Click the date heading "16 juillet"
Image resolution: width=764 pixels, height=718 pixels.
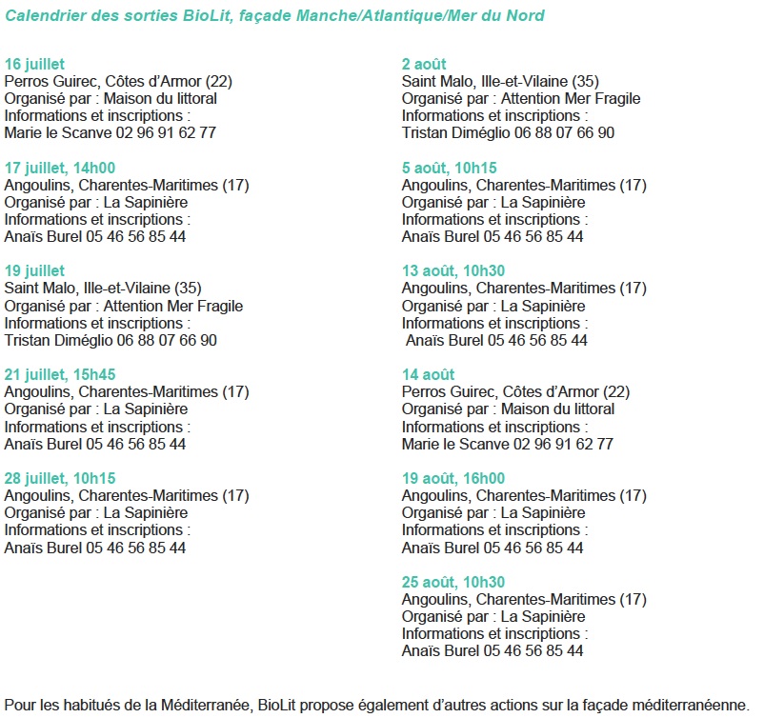click(x=34, y=64)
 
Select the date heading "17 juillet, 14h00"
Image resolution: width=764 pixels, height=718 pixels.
click(x=60, y=168)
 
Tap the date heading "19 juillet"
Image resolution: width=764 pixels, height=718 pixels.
click(x=34, y=270)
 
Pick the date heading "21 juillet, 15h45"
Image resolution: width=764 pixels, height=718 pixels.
click(x=60, y=374)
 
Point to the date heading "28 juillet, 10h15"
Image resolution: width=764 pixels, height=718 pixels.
click(x=60, y=478)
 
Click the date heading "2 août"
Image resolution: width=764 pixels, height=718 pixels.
click(x=424, y=64)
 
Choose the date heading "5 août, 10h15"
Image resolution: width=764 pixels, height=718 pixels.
click(x=450, y=168)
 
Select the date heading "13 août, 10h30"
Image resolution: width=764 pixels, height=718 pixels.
click(x=453, y=270)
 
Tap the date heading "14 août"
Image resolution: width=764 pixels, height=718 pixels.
click(x=428, y=374)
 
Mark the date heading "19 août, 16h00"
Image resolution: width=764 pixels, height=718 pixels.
click(x=453, y=478)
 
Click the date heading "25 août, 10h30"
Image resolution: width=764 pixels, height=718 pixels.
click(x=453, y=582)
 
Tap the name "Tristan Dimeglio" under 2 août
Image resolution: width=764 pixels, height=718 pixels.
click(x=444, y=133)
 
